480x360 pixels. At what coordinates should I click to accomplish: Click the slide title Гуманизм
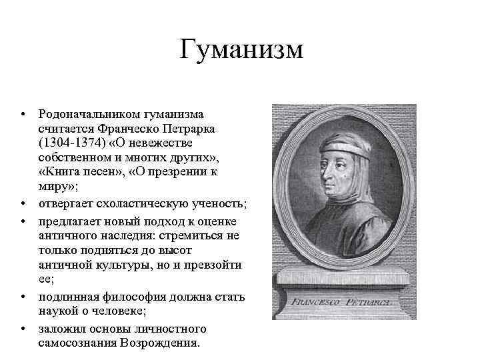[x=241, y=50]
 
